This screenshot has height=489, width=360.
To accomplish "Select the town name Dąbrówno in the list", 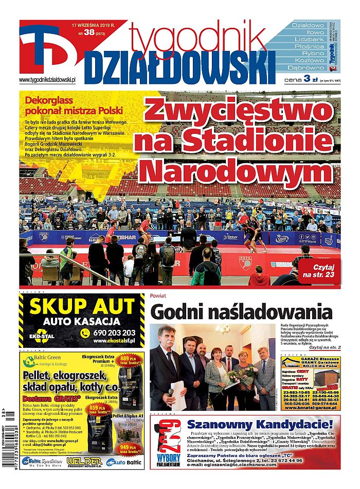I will pyautogui.click(x=308, y=67).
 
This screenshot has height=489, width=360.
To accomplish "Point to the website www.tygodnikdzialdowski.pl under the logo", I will pyautogui.click(x=47, y=80).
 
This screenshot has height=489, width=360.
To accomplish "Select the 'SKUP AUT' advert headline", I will pyautogui.click(x=81, y=307).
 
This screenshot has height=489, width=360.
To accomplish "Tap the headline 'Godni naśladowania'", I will pyautogui.click(x=241, y=312).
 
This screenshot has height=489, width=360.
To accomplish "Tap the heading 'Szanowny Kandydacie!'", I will pyautogui.click(x=260, y=424).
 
